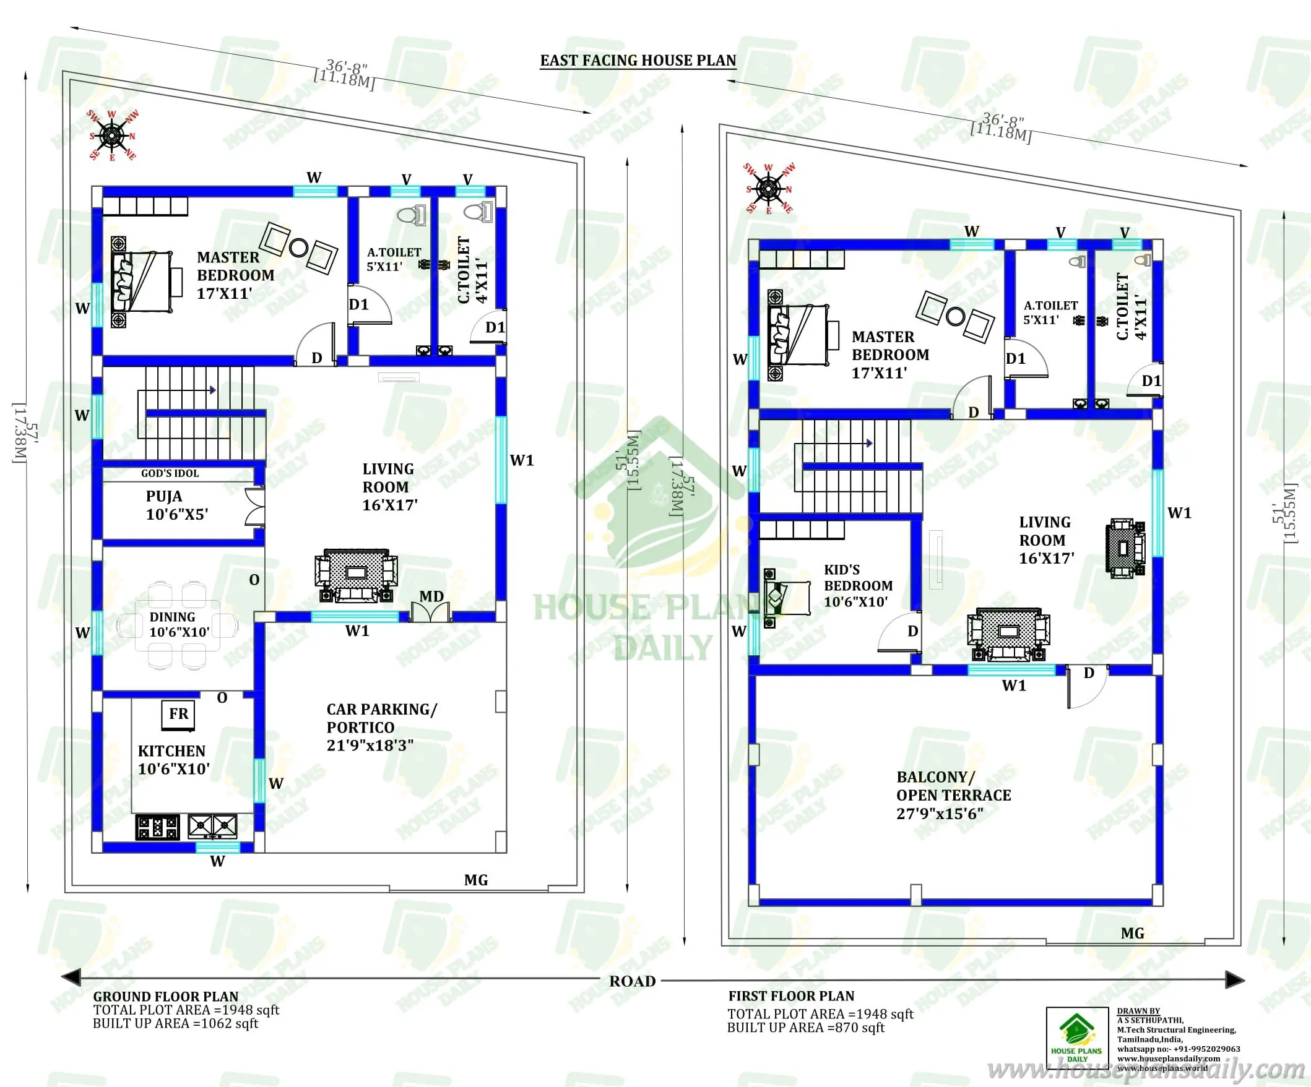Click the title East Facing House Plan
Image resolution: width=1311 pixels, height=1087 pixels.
click(638, 61)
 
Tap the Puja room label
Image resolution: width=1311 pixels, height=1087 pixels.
click(164, 497)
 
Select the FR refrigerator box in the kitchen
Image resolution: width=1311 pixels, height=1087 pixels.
click(178, 714)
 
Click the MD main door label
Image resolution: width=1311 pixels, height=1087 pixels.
click(431, 596)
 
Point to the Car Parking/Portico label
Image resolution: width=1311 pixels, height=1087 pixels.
click(381, 727)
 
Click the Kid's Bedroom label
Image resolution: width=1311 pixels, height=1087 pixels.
click(858, 585)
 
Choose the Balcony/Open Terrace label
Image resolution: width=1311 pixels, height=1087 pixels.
click(953, 795)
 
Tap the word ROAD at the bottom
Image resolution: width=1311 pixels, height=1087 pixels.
click(633, 982)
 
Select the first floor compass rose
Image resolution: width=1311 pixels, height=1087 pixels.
click(769, 189)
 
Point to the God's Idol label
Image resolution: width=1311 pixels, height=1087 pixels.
click(170, 474)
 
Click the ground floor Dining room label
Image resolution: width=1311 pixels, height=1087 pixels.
click(178, 624)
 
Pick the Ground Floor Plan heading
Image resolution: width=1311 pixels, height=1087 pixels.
click(165, 997)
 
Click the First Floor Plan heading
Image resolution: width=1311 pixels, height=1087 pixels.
click(791, 997)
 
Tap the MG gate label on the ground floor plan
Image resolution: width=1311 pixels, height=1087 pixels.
click(476, 880)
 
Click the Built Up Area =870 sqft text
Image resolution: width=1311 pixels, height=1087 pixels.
click(805, 1028)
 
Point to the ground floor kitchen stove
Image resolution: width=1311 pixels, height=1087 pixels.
click(157, 827)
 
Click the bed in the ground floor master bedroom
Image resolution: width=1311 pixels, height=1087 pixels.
click(142, 282)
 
